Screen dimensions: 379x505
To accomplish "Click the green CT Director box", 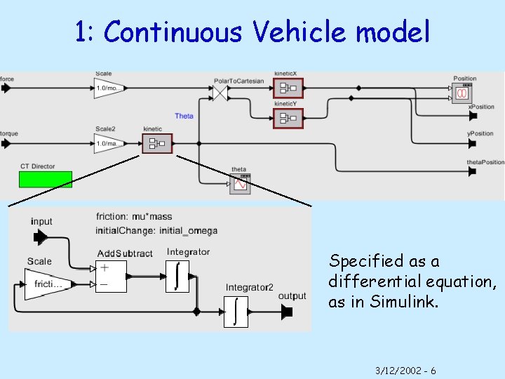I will pyautogui.click(x=46, y=180).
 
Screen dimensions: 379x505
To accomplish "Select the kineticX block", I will pyautogui.click(x=288, y=88).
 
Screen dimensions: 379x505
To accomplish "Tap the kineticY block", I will pyautogui.click(x=288, y=119).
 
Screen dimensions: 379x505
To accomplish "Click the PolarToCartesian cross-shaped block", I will pyautogui.click(x=222, y=92).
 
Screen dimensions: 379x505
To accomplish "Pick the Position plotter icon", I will pyautogui.click(x=462, y=93).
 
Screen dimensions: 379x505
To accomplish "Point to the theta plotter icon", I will pyautogui.click(x=240, y=183).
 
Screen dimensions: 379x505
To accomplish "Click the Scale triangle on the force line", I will pyautogui.click(x=109, y=88).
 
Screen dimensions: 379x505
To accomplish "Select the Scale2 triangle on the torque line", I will pyautogui.click(x=109, y=144).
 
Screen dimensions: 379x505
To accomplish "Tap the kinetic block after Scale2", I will pyautogui.click(x=154, y=144).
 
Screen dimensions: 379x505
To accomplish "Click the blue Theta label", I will pyautogui.click(x=184, y=116).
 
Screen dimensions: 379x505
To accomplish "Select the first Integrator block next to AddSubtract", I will pyautogui.click(x=177, y=275).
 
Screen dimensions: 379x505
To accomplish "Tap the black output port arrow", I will pyautogui.click(x=286, y=312).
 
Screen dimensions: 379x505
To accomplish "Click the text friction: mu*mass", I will pyautogui.click(x=133, y=217).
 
